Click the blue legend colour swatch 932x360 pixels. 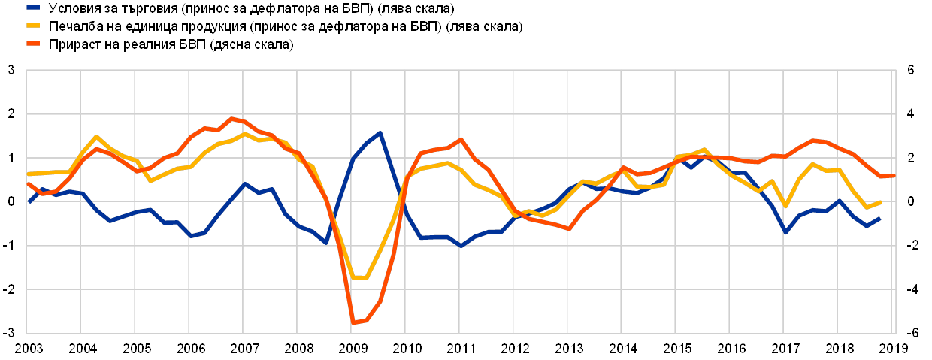(x=33, y=8)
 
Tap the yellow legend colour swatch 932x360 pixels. (x=33, y=26)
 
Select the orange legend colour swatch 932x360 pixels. (x=33, y=44)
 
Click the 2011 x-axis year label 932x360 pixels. (x=460, y=349)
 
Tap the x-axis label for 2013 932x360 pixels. (x=568, y=349)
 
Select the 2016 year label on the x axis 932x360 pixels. (x=731, y=349)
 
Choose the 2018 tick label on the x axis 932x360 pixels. (x=839, y=349)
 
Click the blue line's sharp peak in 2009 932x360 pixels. (x=380, y=133)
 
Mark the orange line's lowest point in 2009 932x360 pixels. (x=353, y=323)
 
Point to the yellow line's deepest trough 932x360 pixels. (x=359, y=278)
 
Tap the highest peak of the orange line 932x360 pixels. (x=232, y=118)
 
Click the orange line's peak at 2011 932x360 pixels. (x=461, y=139)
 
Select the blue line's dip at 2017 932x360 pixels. (x=785, y=232)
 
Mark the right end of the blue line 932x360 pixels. (x=880, y=218)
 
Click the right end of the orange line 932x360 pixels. (x=893, y=175)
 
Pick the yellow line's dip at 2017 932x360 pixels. (x=785, y=206)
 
